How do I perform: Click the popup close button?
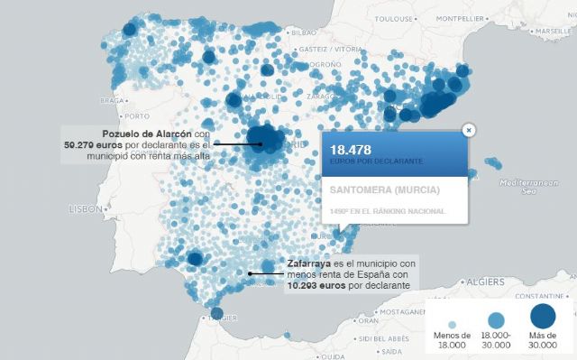[469, 130]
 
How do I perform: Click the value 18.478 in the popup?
[352, 149]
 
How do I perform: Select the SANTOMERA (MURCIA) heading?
[385, 190]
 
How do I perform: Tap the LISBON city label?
[87, 208]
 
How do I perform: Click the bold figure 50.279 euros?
[93, 144]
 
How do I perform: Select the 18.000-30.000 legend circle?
[496, 319]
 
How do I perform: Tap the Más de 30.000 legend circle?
[543, 316]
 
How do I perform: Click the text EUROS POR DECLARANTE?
[377, 161]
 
